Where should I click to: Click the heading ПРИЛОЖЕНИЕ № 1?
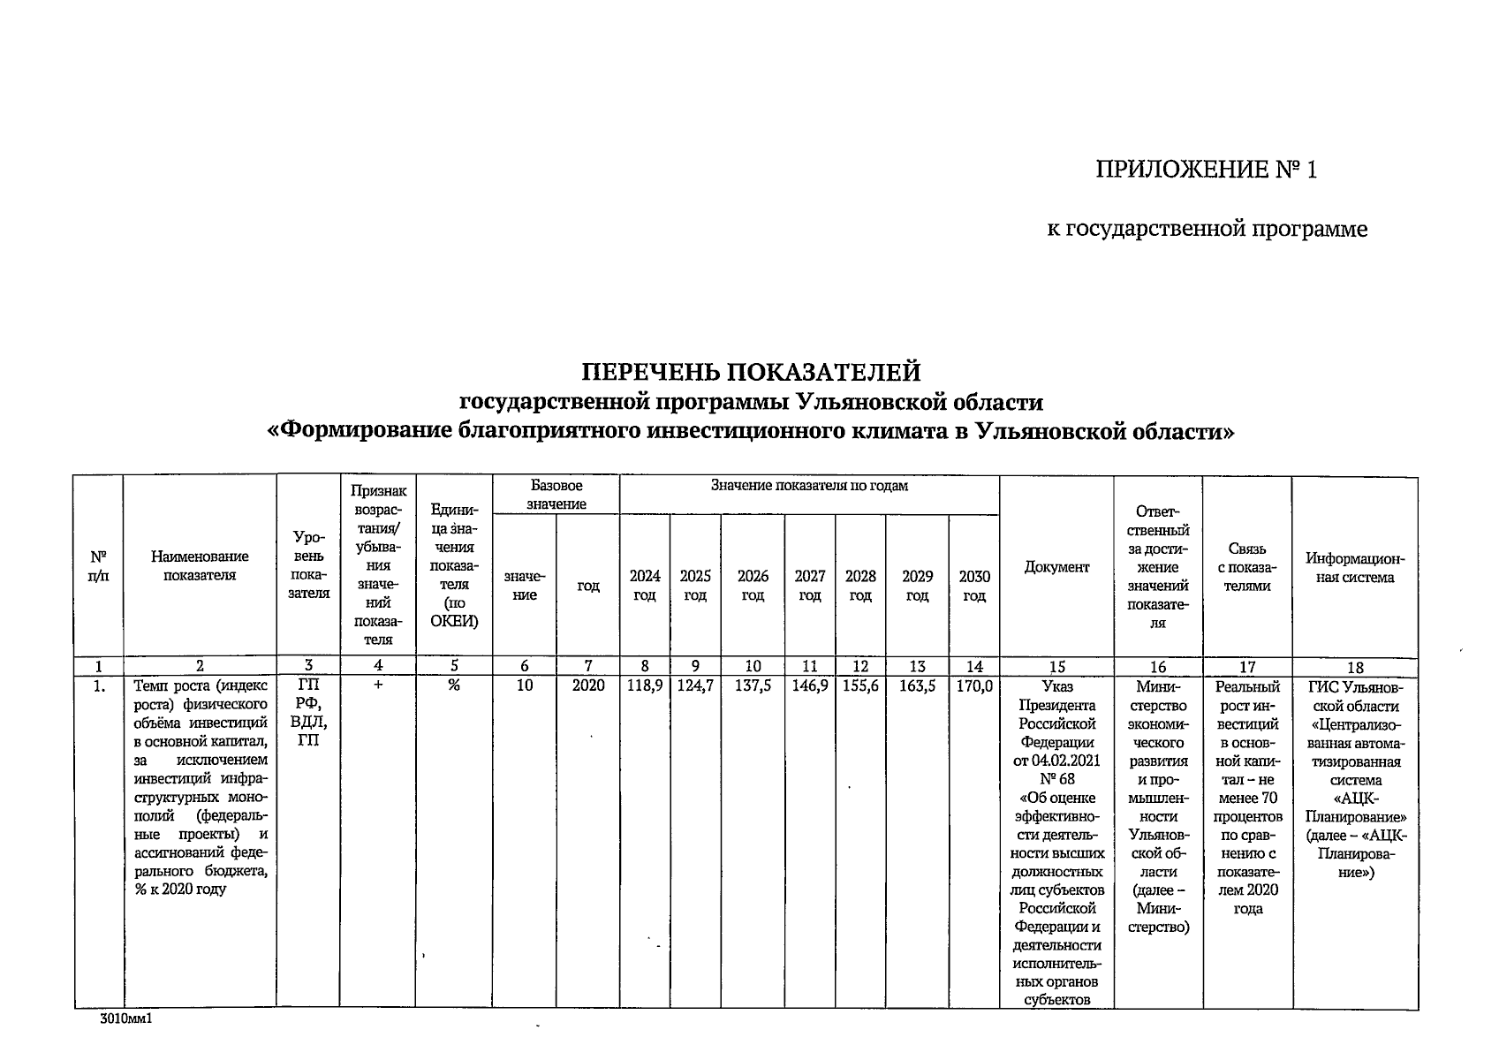tap(1206, 170)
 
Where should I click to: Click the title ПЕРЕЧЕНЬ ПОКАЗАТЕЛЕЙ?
tap(750, 371)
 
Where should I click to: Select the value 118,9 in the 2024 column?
tap(645, 685)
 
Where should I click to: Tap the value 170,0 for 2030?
tap(974, 685)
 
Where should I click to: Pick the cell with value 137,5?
tap(753, 685)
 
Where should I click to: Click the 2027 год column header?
tap(809, 586)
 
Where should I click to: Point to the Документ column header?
tap(1056, 567)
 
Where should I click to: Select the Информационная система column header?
tap(1354, 568)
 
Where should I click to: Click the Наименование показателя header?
tap(200, 565)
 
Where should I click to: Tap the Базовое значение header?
tap(556, 495)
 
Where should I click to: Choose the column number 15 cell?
tap(1056, 667)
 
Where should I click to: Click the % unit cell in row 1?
tap(453, 685)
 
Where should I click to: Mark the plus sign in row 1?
tap(377, 685)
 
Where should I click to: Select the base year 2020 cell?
tap(587, 685)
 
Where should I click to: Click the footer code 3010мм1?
tap(126, 1018)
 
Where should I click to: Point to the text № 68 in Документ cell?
tap(1056, 779)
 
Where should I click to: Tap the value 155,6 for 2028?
tap(860, 685)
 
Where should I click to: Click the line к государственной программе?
tap(1207, 230)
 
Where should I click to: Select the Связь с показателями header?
tap(1246, 567)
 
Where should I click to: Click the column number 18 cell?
tap(1354, 668)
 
